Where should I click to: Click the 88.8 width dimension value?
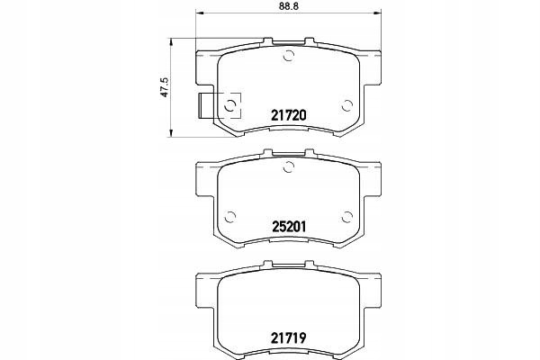coord(289,6)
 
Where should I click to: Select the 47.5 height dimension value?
coord(165,87)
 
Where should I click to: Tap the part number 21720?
coord(289,115)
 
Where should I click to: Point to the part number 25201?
coord(289,226)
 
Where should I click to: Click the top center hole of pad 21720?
coord(289,56)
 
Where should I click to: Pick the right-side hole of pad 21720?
coord(347,105)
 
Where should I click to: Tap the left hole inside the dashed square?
coord(229,106)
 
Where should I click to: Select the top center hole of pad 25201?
coord(289,166)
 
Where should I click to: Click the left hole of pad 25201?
coord(229,217)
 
